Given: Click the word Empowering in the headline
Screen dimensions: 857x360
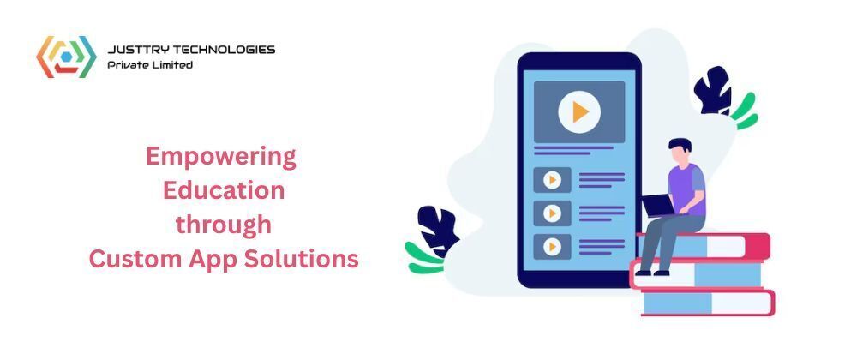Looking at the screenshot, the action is tap(221, 158).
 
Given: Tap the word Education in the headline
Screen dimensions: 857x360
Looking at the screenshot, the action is tap(224, 190).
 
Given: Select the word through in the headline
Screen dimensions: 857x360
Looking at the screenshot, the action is tap(224, 225).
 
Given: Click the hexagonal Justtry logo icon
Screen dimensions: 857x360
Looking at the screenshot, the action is tap(66, 57).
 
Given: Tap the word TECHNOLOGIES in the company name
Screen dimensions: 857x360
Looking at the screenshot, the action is tap(223, 50).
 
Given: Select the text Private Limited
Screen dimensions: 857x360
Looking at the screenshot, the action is tap(150, 65).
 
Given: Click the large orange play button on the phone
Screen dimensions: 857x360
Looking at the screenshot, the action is tap(579, 112).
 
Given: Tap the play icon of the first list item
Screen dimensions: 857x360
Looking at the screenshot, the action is tap(552, 180).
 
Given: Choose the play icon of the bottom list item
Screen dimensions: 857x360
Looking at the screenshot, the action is tap(552, 247).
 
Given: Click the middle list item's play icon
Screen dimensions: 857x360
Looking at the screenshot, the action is tap(552, 213).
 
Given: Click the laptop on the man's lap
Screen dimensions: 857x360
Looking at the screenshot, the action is tap(657, 206).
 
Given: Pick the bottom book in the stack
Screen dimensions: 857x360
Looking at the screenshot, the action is tap(709, 303).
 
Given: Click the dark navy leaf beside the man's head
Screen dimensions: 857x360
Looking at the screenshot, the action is tap(713, 91).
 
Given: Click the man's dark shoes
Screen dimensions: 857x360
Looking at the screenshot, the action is tap(652, 272).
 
